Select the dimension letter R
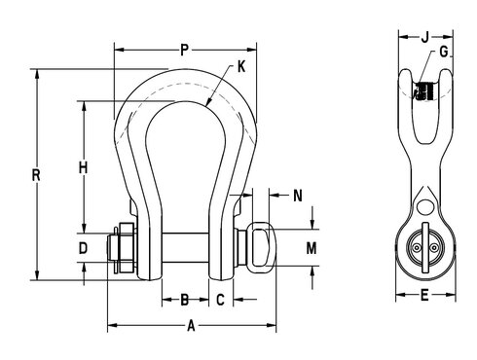[36, 176]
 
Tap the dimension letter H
[85, 167]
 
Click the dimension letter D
[84, 248]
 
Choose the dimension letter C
[221, 300]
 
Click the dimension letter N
[298, 196]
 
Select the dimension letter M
[312, 248]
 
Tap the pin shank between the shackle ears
[184, 249]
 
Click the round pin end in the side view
[422, 249]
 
